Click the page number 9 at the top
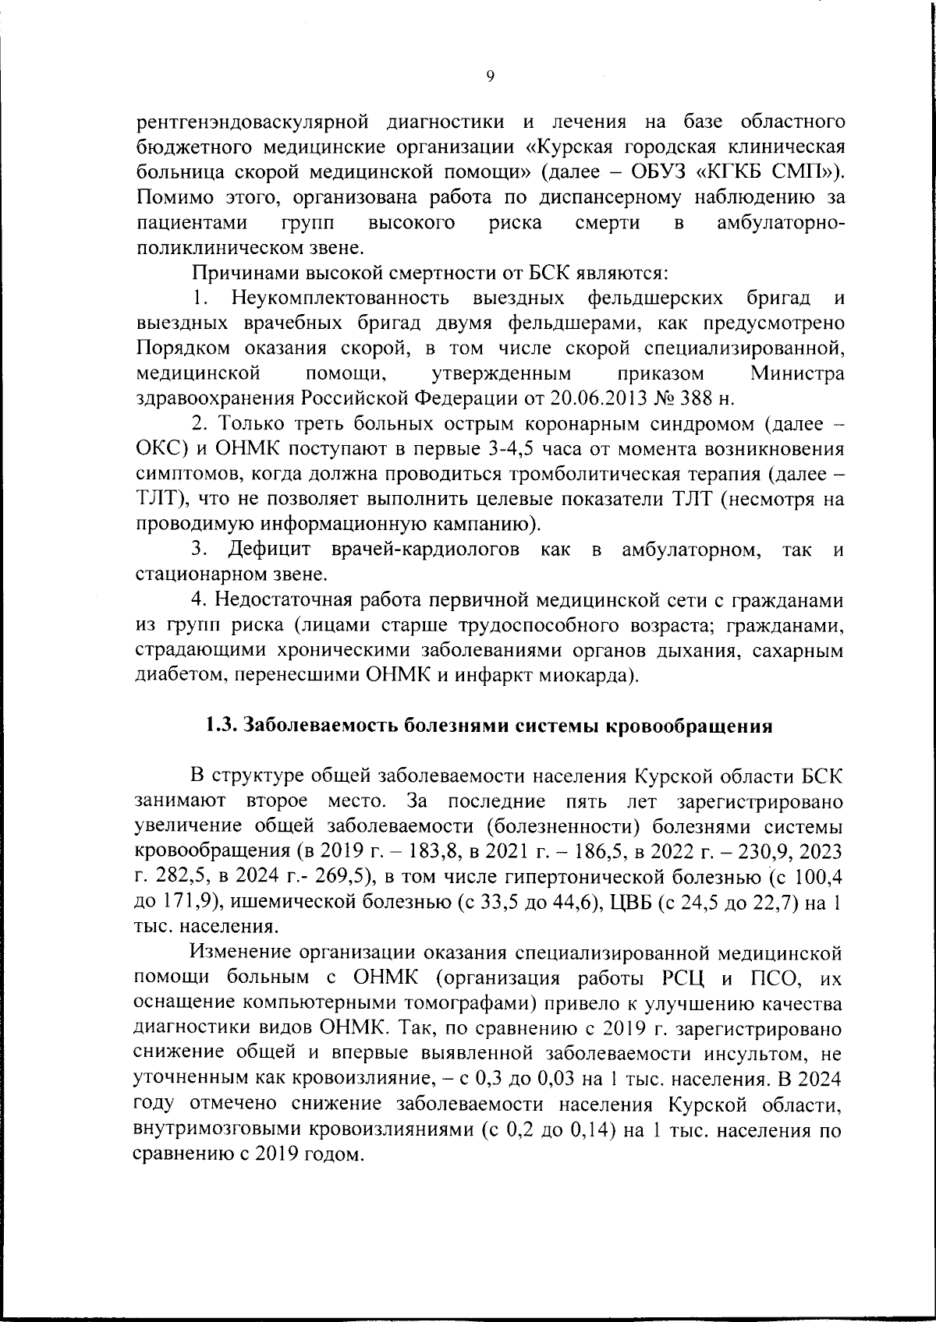pyautogui.click(x=489, y=76)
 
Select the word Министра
pyautogui.click(x=797, y=373)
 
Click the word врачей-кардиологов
pyautogui.click(x=425, y=550)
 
